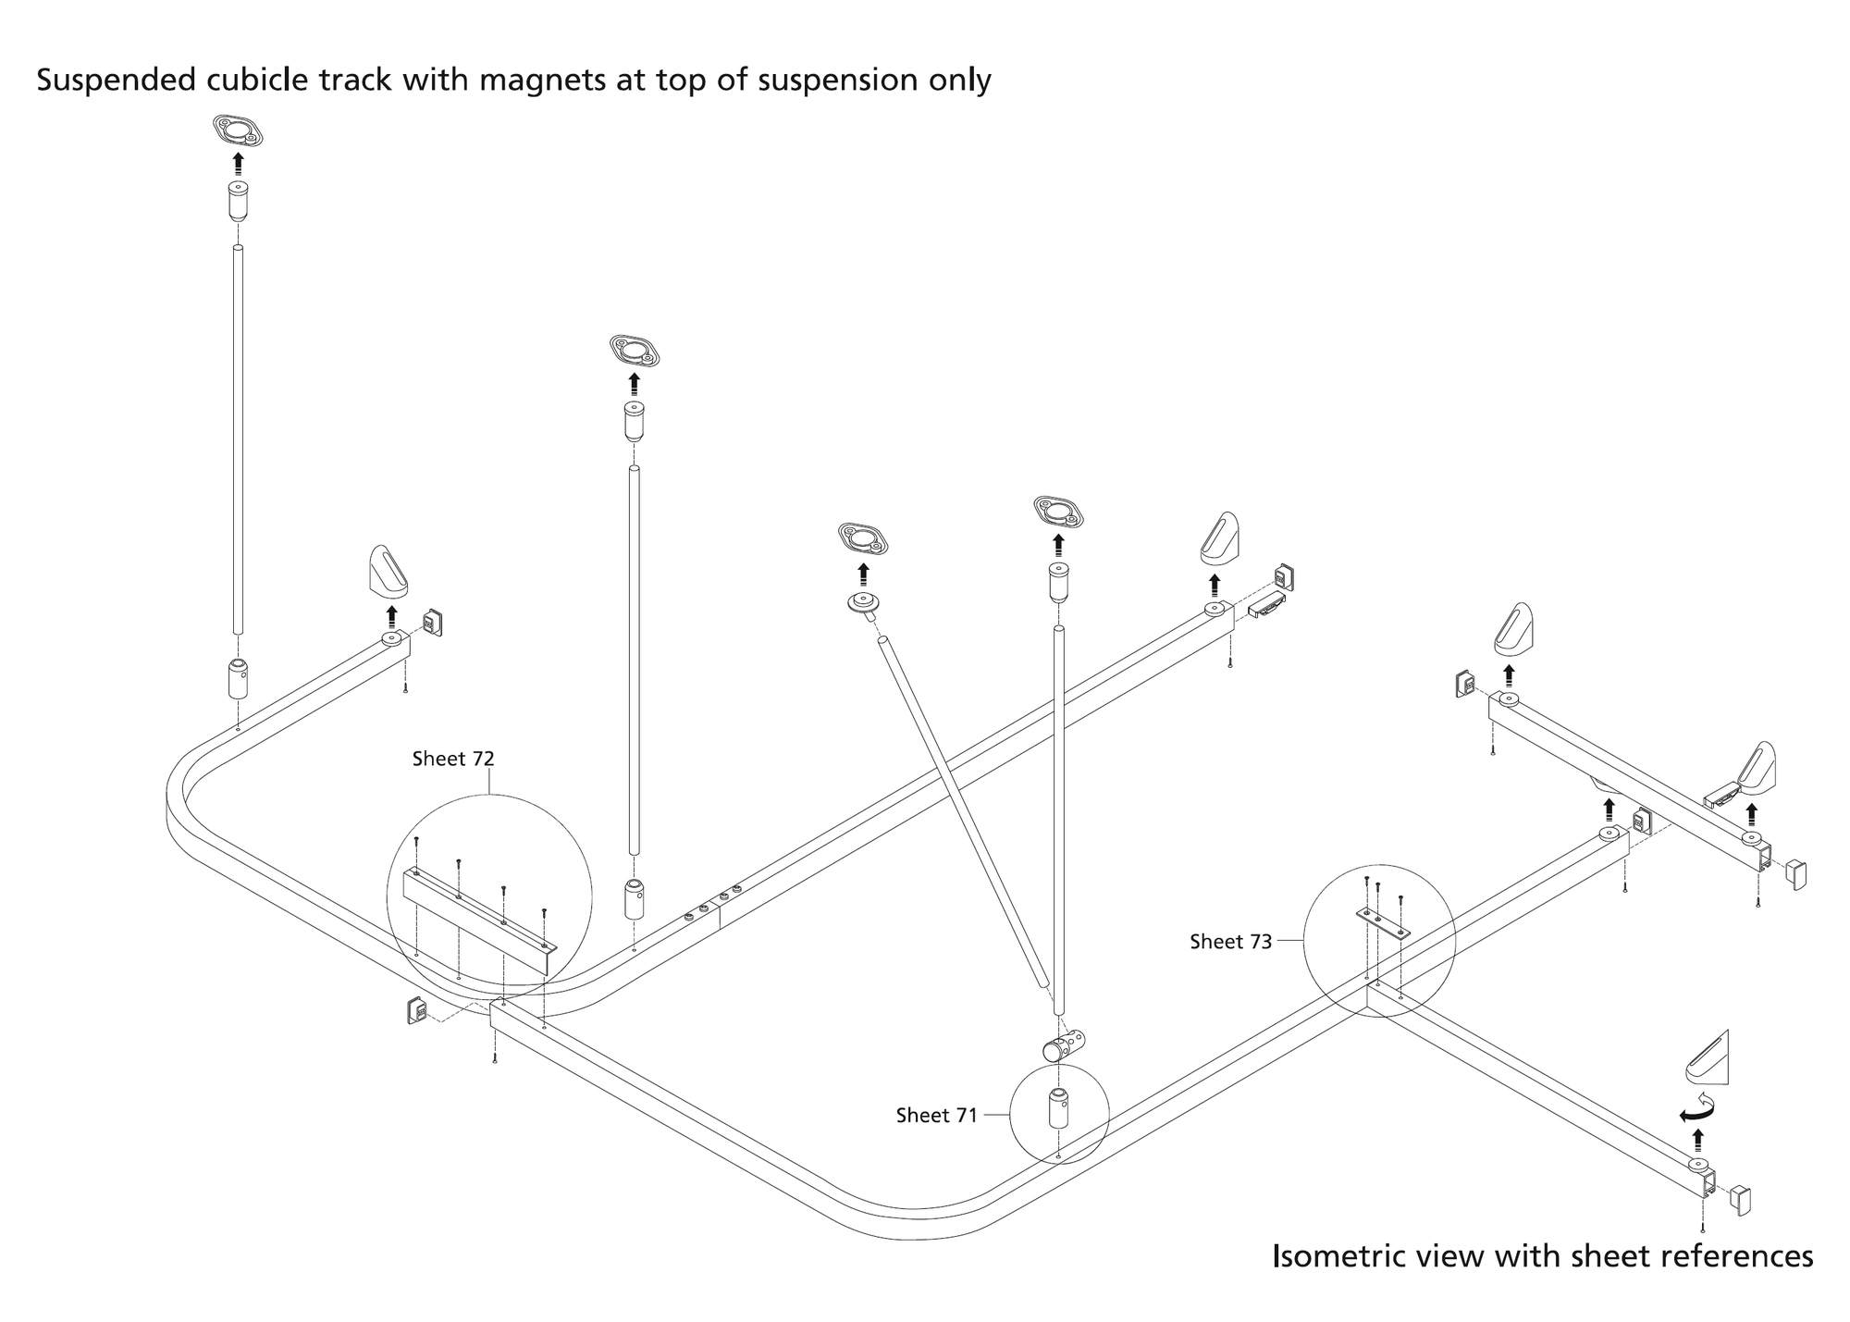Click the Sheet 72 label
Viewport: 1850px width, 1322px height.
(453, 760)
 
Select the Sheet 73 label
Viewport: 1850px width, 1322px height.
(1230, 942)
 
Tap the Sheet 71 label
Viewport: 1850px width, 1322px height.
(936, 1116)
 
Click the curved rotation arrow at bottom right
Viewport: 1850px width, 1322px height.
(1697, 1107)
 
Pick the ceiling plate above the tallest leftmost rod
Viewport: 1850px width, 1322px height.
(239, 130)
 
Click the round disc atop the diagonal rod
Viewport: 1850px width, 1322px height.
(863, 603)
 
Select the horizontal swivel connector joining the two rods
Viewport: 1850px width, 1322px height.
(1064, 1046)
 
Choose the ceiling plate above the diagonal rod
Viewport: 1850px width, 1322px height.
(863, 537)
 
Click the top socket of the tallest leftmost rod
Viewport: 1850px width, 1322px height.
(239, 201)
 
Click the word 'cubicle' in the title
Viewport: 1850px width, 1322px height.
(256, 81)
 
